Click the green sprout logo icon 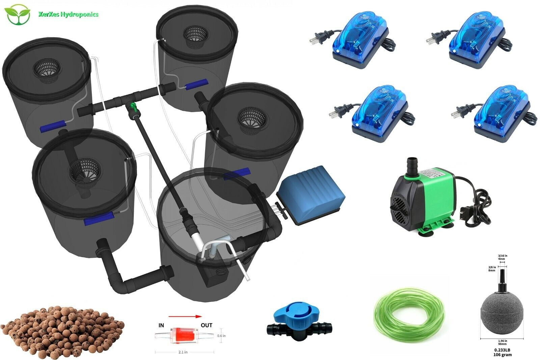17,15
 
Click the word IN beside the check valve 161,325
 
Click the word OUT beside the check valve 206,325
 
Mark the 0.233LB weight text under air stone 501,350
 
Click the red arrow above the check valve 185,316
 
